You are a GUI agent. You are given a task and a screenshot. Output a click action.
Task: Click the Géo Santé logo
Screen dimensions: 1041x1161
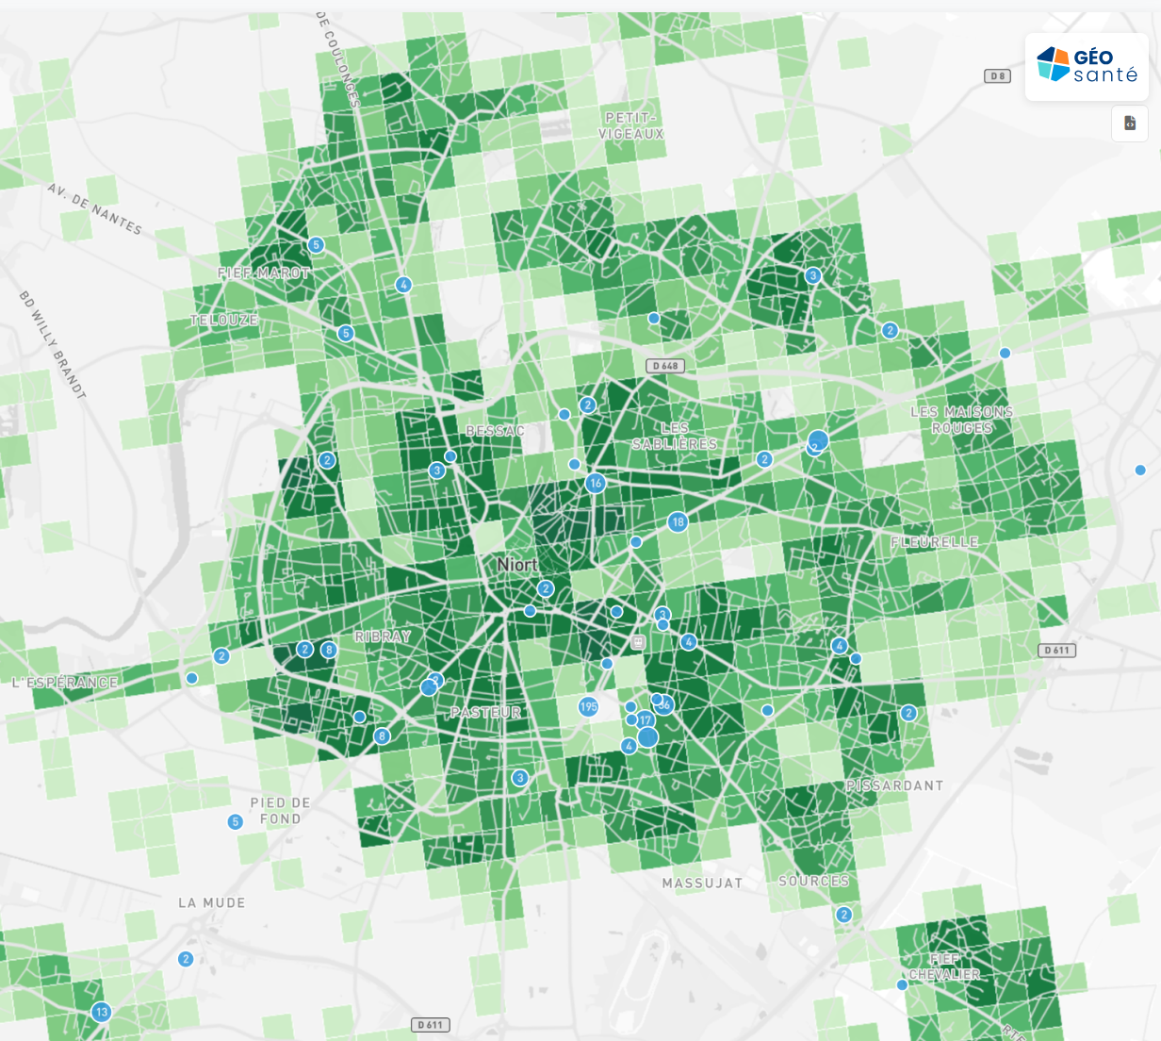tap(1087, 66)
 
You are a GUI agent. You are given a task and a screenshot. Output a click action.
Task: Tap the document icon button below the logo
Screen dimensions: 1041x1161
tap(1130, 124)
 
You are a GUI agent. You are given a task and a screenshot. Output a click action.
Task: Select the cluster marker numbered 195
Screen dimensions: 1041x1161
tap(588, 706)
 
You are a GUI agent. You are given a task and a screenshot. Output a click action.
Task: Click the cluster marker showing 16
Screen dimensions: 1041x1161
tap(595, 484)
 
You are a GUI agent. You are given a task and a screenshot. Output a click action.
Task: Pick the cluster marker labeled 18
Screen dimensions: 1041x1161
tap(677, 521)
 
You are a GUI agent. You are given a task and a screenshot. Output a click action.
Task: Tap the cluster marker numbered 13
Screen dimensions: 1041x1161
tap(101, 1012)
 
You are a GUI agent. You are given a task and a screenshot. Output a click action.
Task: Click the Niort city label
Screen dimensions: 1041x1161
tap(517, 564)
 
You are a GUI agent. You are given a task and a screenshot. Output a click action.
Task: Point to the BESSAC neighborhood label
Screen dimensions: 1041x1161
tap(495, 431)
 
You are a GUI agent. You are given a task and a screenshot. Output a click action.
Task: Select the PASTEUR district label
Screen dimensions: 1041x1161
tap(485, 712)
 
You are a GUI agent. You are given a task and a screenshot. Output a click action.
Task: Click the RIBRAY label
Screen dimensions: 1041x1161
tap(383, 636)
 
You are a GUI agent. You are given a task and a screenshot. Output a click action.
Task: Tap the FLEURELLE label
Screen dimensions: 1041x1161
tap(935, 542)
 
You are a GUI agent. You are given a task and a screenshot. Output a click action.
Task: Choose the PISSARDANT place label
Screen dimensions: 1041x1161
tap(894, 785)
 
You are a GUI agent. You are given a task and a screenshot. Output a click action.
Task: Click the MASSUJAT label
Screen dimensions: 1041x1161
tap(702, 884)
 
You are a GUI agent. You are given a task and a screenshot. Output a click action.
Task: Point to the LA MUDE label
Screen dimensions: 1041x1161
tap(211, 902)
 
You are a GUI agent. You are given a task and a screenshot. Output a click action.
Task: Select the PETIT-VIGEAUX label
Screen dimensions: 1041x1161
tap(630, 125)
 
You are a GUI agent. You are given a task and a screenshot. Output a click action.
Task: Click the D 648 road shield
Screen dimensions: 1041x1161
tap(665, 366)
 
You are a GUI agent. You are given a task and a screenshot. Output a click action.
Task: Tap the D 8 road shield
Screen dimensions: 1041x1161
tap(997, 76)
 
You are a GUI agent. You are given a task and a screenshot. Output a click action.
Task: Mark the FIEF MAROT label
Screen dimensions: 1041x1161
tap(264, 273)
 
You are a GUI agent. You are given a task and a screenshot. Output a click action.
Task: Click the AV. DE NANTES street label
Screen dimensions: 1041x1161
tap(94, 208)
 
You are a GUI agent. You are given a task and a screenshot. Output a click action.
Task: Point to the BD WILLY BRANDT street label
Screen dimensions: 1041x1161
tap(53, 344)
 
